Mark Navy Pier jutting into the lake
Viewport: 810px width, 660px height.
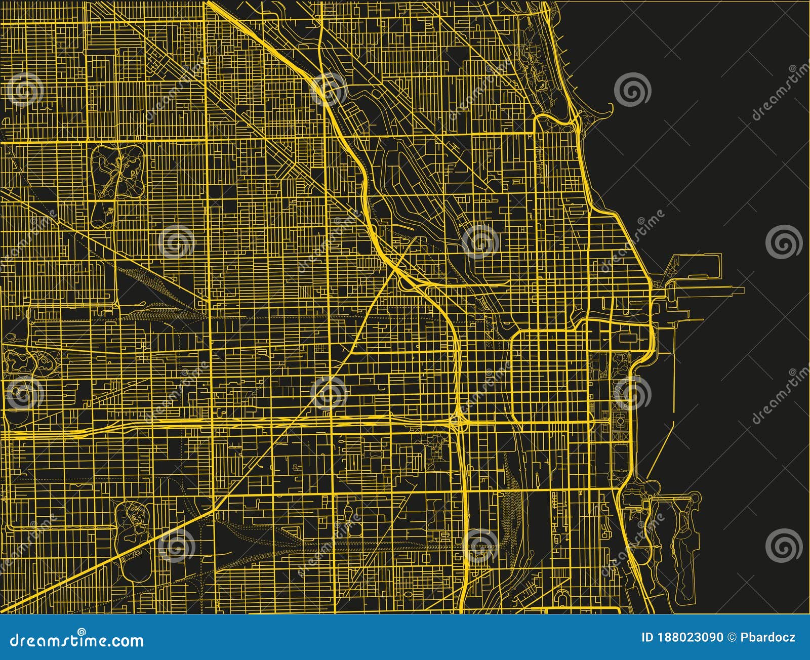[709, 291]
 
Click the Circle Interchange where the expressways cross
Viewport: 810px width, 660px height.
[458, 420]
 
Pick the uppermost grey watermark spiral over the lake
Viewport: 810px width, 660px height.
[632, 90]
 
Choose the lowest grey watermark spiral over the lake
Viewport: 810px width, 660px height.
[784, 545]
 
